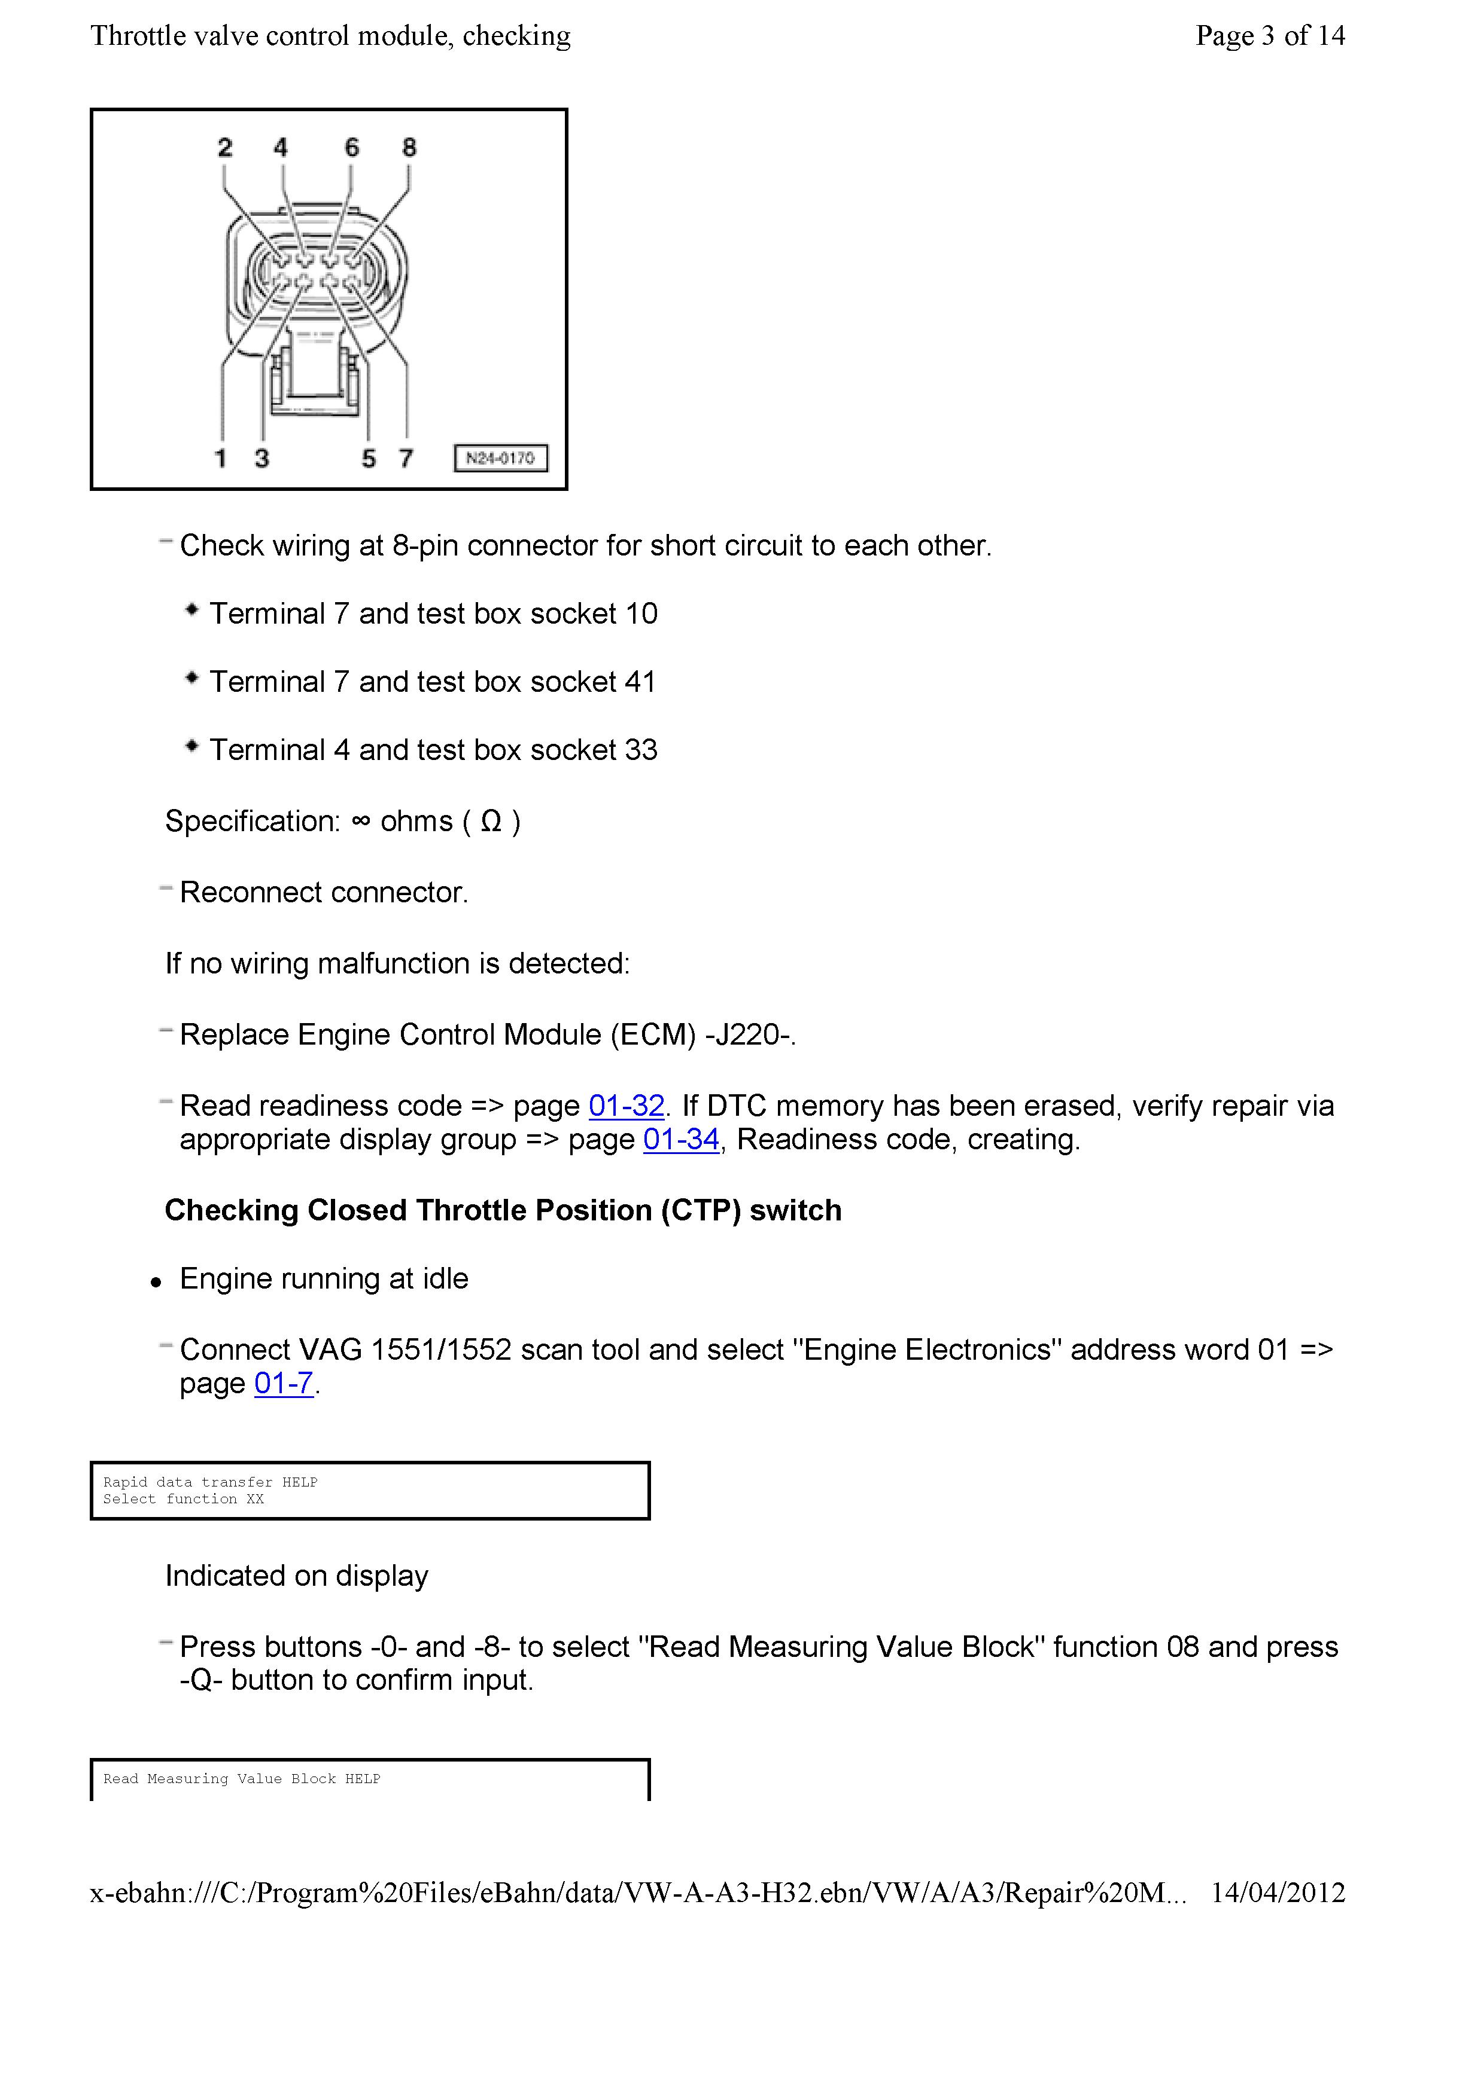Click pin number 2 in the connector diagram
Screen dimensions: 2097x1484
(x=225, y=148)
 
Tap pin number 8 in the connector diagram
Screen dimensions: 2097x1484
(x=409, y=148)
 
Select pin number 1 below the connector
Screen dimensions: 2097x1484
(x=220, y=459)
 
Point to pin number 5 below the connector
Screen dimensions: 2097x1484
(x=368, y=459)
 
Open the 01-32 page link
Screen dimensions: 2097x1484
(x=626, y=1106)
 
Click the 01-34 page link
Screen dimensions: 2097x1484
(x=681, y=1140)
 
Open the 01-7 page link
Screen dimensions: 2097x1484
(x=283, y=1384)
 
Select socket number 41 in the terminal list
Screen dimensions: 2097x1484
(x=640, y=682)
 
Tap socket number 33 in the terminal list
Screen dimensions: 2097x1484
(x=640, y=750)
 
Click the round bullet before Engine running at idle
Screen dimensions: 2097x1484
(x=156, y=1283)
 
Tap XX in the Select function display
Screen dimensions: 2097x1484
(x=255, y=1499)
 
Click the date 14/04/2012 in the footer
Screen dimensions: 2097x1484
(x=1278, y=1893)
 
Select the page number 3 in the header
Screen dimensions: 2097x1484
(x=1267, y=36)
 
